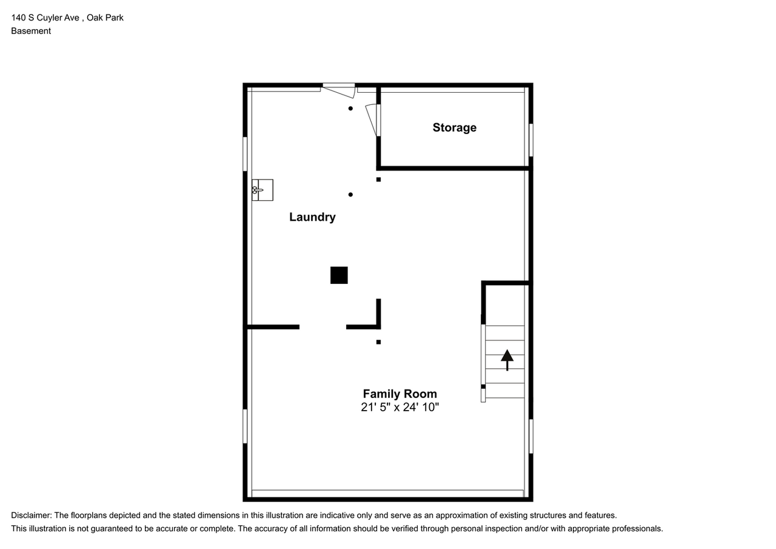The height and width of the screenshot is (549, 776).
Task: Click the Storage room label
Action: pos(454,127)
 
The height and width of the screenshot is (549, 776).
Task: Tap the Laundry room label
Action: pos(312,217)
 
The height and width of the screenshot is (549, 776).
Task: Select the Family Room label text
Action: pos(400,394)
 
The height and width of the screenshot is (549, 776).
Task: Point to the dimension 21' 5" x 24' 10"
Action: pos(400,407)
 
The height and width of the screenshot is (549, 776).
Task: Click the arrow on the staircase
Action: pos(507,360)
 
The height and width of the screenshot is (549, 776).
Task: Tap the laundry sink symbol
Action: pos(262,190)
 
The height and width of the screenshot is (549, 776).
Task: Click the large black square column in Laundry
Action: pos(339,275)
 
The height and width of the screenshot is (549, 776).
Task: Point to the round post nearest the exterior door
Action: pos(350,109)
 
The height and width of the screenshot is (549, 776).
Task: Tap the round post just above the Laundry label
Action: pos(350,195)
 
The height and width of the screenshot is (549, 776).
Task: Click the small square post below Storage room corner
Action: pos(378,180)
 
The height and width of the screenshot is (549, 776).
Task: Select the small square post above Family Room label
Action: pos(378,342)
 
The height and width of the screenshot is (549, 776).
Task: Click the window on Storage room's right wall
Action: pos(530,140)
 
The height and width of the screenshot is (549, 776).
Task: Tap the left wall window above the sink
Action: pos(245,153)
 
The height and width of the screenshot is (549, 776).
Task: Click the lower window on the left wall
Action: pos(245,426)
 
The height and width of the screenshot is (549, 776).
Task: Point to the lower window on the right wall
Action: pos(530,436)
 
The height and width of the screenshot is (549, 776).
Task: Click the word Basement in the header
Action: pos(31,31)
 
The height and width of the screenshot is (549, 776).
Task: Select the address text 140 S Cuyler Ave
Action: pos(45,18)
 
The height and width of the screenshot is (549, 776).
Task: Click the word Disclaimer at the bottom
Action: pos(30,515)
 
